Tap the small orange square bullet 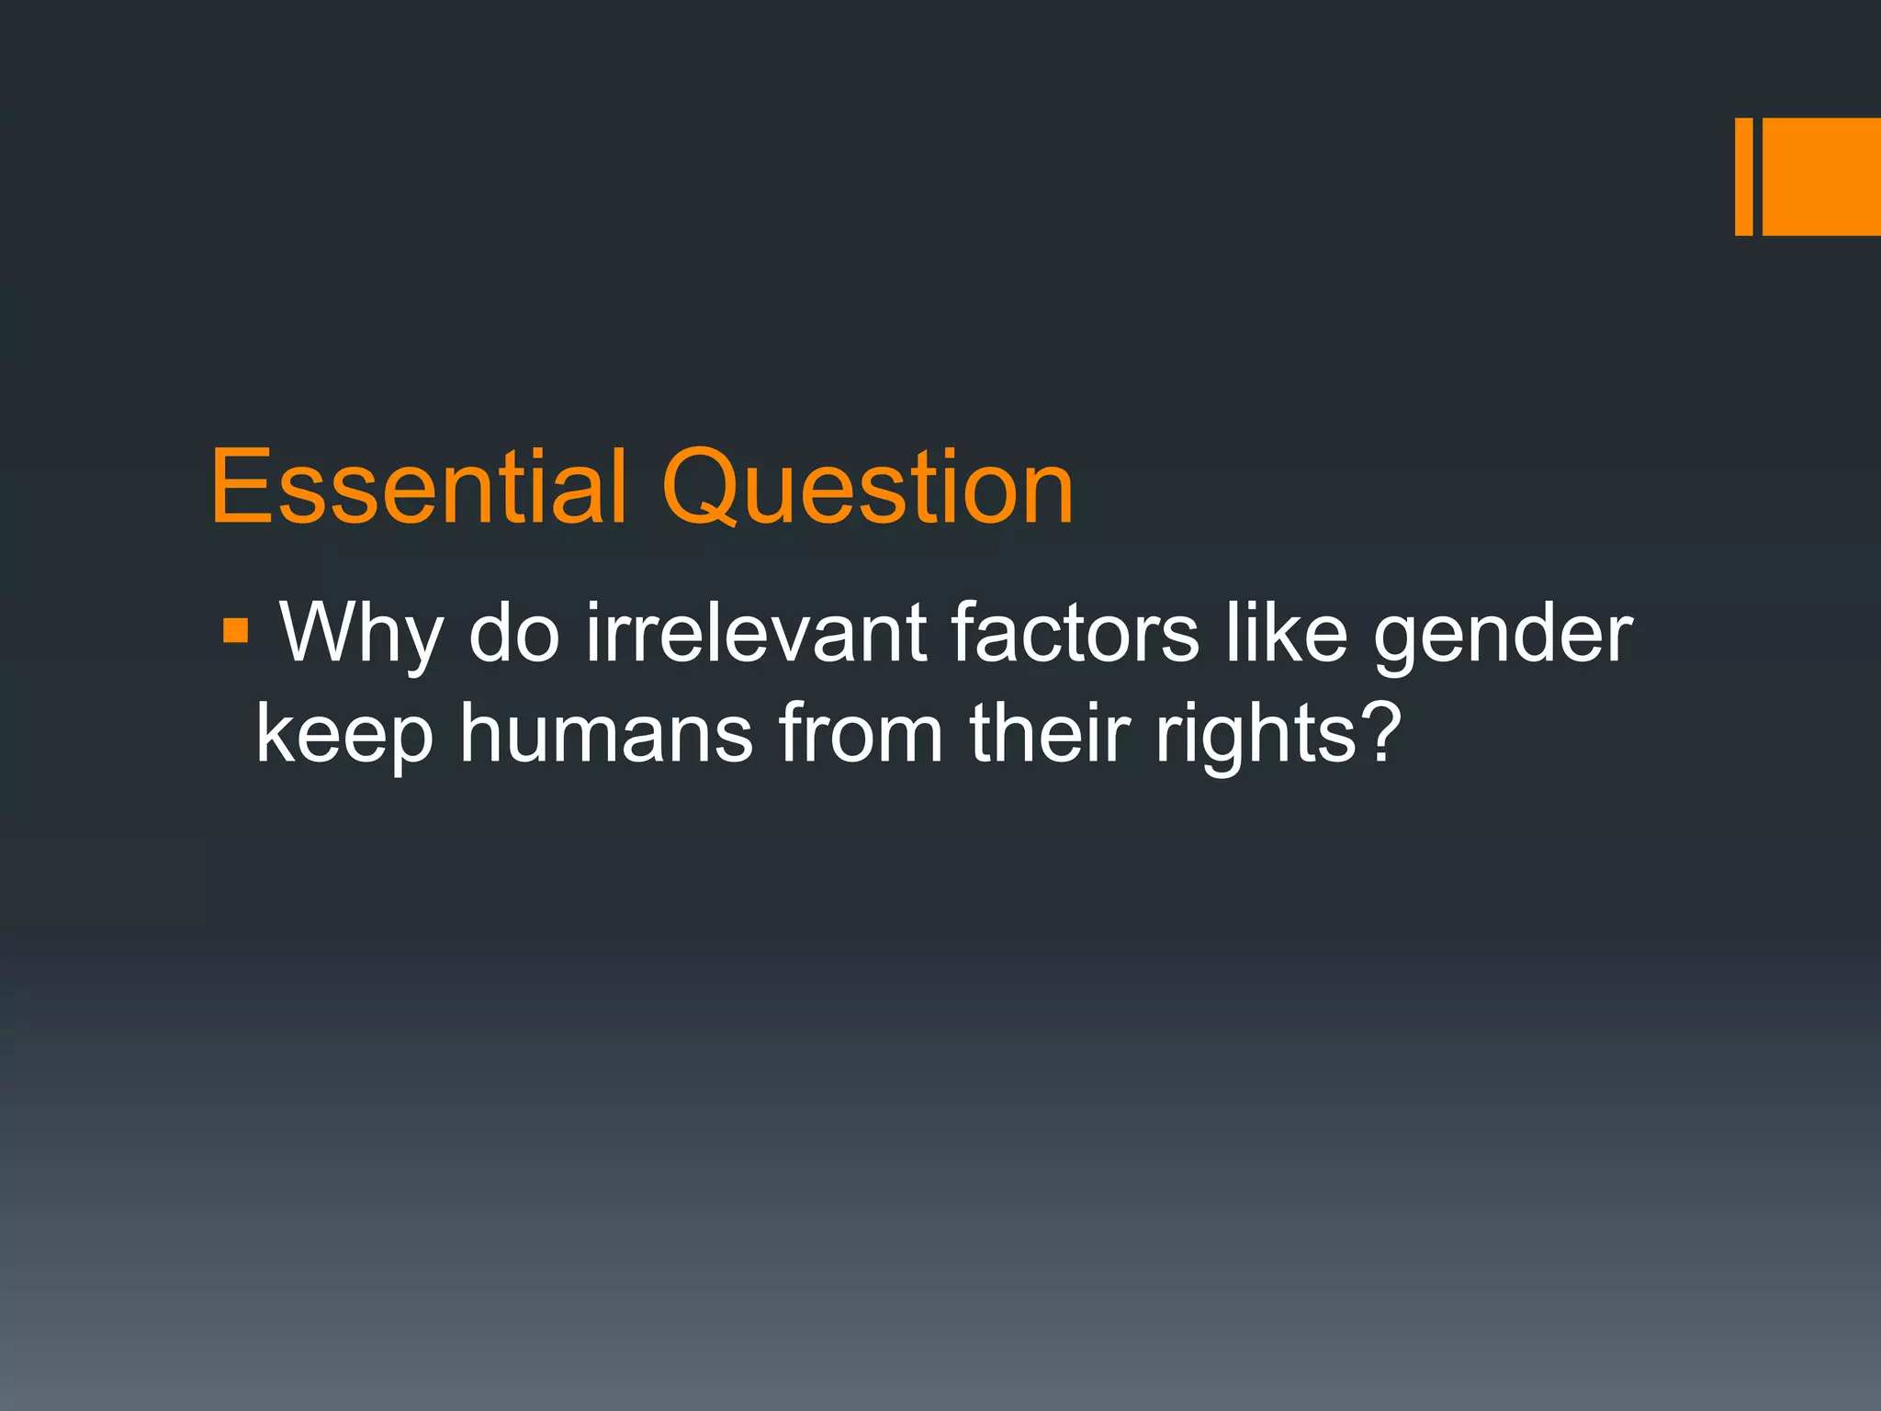(x=235, y=631)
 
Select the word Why (x=361, y=634)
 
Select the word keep (x=344, y=735)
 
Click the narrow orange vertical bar (x=1743, y=176)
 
